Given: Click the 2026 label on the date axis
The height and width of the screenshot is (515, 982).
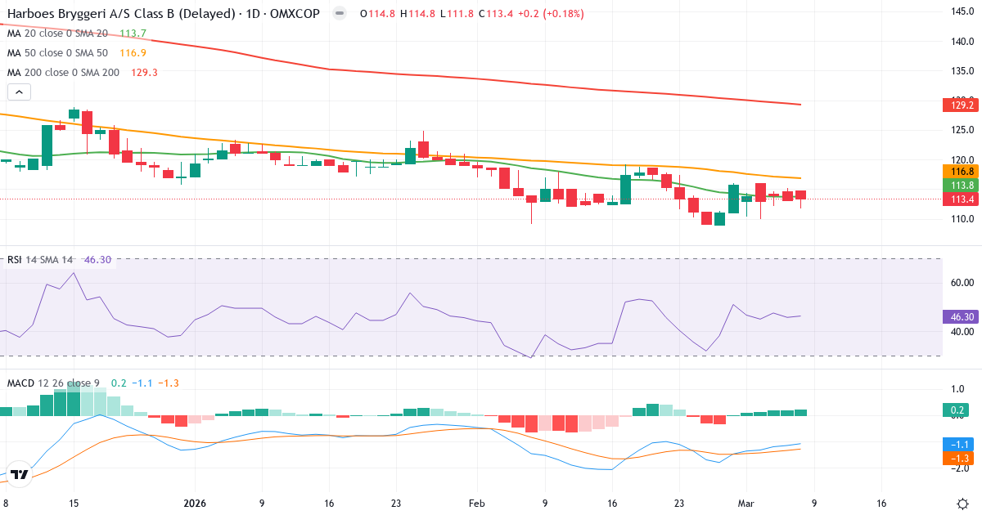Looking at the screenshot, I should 195,504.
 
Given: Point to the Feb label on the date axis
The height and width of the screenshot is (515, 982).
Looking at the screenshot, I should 477,504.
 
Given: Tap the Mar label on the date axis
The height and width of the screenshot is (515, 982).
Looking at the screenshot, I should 746,504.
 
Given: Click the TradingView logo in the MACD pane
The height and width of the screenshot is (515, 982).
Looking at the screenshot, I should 20,474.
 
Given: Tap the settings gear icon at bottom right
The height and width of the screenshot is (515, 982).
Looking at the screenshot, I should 963,503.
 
